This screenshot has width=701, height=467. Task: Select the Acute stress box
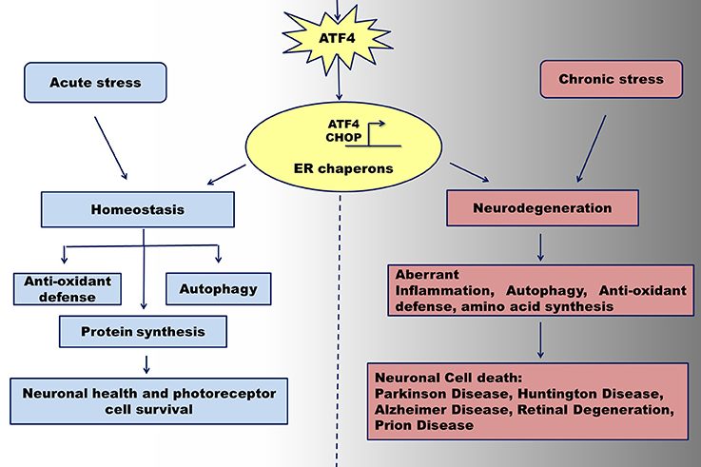(95, 84)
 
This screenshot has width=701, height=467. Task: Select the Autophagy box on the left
(219, 288)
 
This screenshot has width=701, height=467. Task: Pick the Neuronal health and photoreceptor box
(146, 399)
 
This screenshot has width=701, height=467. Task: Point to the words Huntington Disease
(562, 394)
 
